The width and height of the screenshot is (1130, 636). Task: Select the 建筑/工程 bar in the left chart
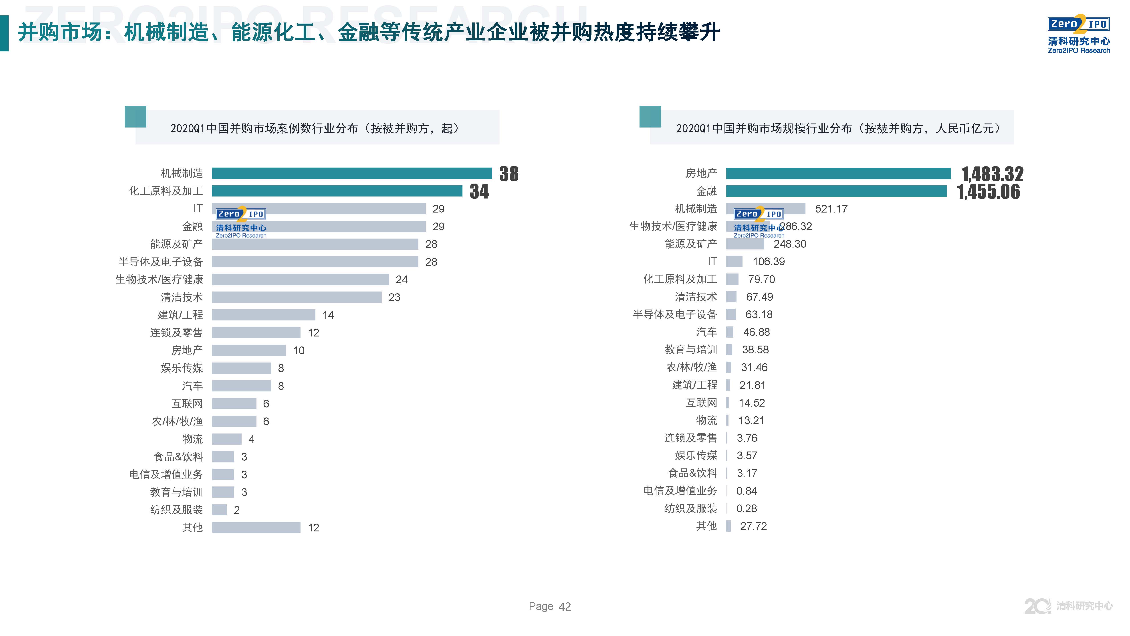point(263,315)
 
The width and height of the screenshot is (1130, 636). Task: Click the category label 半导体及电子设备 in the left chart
point(161,262)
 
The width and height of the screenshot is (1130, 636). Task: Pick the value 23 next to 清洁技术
point(394,298)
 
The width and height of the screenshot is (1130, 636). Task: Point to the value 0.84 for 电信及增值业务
point(746,491)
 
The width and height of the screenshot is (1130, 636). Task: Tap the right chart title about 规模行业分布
point(838,128)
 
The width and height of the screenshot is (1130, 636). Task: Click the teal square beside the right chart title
point(650,117)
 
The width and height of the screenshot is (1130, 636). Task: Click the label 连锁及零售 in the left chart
point(176,333)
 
